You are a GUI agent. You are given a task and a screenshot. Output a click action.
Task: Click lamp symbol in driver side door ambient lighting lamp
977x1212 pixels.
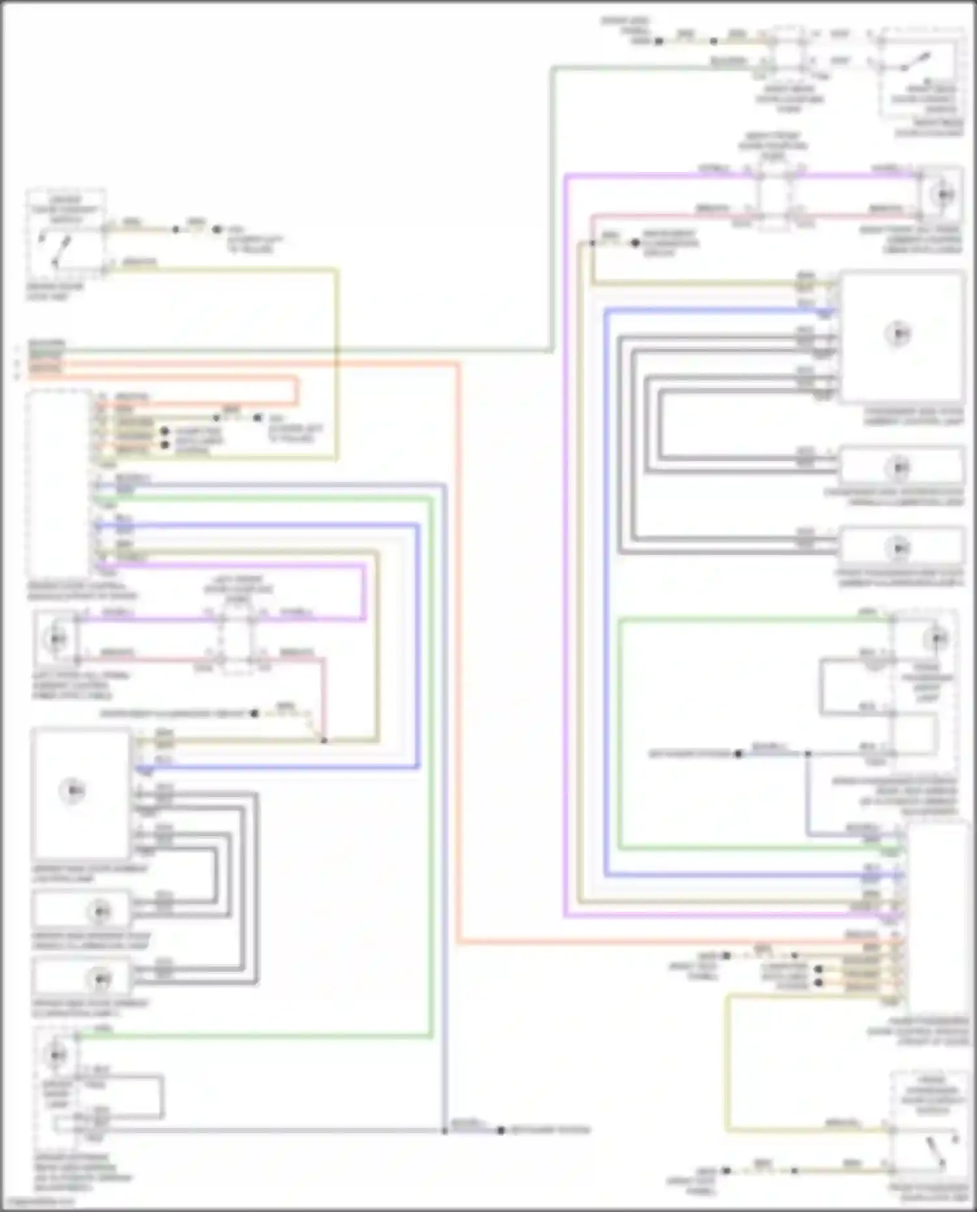tap(72, 791)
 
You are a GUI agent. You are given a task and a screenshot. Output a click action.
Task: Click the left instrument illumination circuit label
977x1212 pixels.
tap(173, 714)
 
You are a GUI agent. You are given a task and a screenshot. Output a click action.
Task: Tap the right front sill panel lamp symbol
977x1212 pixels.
tap(944, 194)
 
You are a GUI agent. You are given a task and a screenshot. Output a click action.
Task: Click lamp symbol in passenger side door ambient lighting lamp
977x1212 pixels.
tap(898, 334)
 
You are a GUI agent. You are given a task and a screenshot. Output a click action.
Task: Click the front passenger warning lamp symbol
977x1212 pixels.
tap(938, 638)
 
